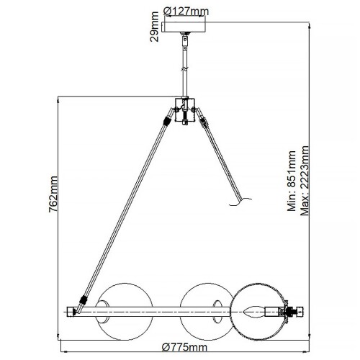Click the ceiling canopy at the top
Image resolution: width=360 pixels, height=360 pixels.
tap(186, 27)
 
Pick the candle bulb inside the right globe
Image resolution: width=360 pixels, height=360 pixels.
tap(253, 312)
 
